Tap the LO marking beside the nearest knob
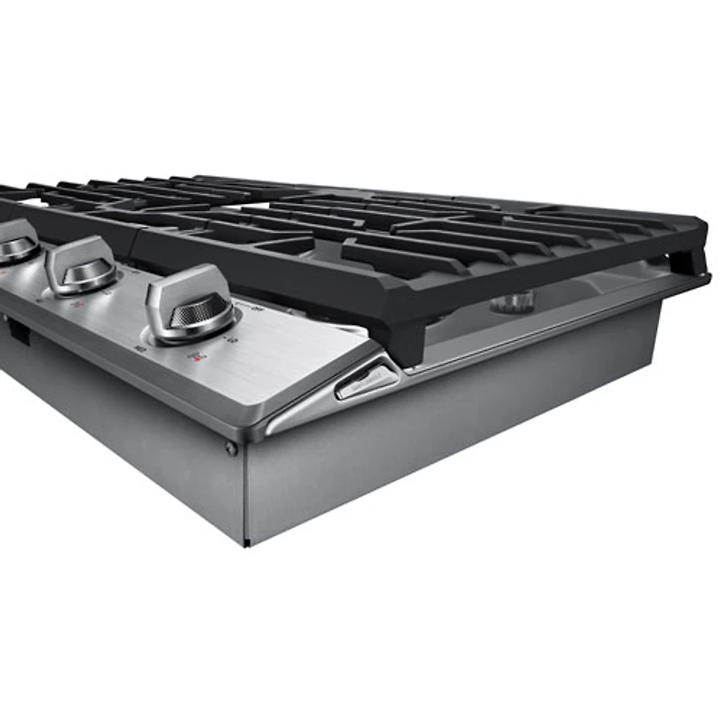(x=232, y=340)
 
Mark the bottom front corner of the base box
(x=246, y=542)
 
